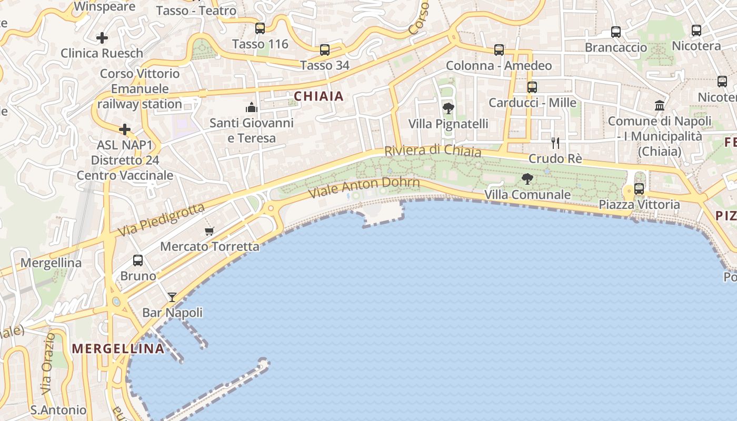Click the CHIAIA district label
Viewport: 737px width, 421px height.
click(x=318, y=96)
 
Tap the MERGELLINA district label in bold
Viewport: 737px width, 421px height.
click(x=118, y=348)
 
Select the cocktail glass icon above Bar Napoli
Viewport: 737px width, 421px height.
click(x=172, y=297)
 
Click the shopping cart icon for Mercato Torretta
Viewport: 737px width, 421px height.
click(x=210, y=231)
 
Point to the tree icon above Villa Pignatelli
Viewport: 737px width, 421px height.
click(x=449, y=109)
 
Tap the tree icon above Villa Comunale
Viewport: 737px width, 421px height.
click(x=527, y=179)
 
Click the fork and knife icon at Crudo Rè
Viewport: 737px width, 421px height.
click(x=555, y=143)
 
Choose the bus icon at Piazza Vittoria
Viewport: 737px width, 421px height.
click(x=639, y=188)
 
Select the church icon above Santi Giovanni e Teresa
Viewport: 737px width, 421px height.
click(x=251, y=108)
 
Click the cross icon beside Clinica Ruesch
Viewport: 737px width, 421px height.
click(x=102, y=38)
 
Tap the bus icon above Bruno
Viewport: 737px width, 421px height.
click(x=138, y=260)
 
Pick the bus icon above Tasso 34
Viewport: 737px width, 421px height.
click(x=325, y=50)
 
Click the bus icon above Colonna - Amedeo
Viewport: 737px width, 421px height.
click(x=499, y=50)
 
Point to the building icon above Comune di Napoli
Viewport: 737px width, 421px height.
click(x=660, y=106)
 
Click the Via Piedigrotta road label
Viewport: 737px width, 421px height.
click(x=161, y=220)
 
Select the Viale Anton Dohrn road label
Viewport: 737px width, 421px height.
click(x=364, y=187)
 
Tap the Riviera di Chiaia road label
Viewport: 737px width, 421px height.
click(x=433, y=151)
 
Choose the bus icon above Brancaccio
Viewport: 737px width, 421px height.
click(x=616, y=32)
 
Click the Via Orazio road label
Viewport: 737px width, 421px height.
click(x=48, y=363)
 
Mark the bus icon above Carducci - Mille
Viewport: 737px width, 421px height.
click(x=532, y=87)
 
